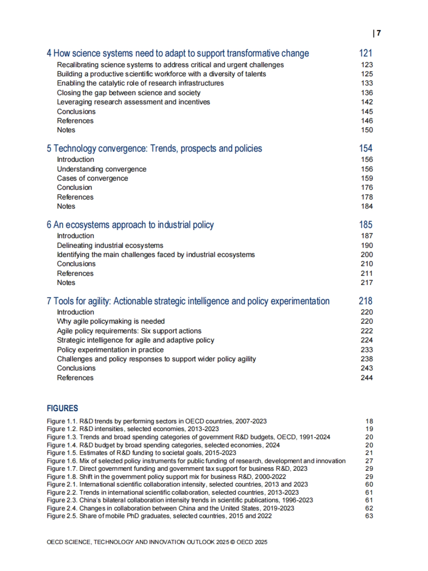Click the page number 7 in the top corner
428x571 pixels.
(378, 33)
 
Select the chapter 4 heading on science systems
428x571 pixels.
(178, 53)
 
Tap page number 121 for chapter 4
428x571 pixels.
(366, 53)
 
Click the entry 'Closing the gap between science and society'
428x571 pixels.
(128, 93)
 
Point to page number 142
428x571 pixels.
(367, 102)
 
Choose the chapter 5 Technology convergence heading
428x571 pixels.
(154, 148)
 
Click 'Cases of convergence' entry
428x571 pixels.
(92, 178)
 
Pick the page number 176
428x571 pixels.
(367, 188)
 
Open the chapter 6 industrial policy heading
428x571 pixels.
(130, 225)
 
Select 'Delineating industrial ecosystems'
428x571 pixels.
(110, 245)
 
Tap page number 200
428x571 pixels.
(367, 255)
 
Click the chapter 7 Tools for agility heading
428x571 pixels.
(188, 301)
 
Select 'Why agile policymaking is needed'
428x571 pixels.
(111, 321)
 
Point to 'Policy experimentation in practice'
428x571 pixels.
(110, 350)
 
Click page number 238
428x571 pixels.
(367, 359)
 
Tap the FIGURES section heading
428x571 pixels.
(62, 408)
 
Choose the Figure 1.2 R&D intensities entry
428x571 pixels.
(133, 429)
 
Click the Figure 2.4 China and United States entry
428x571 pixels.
(170, 508)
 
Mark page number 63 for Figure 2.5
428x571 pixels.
(369, 516)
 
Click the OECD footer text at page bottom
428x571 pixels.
(157, 542)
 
